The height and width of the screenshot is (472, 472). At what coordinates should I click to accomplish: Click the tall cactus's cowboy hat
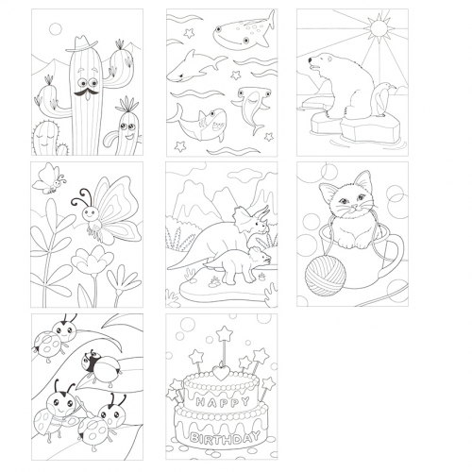(x=81, y=43)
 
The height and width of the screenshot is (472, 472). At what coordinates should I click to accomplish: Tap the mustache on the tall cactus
(x=86, y=93)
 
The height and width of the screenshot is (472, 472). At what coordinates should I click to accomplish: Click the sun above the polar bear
(x=379, y=27)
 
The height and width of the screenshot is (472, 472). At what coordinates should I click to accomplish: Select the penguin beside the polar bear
(x=382, y=99)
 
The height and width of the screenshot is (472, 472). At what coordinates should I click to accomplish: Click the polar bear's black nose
(x=310, y=59)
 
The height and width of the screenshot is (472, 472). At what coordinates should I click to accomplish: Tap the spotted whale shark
(x=243, y=30)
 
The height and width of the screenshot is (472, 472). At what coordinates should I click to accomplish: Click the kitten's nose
(x=354, y=206)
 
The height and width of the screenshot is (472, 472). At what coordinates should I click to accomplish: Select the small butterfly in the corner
(x=49, y=178)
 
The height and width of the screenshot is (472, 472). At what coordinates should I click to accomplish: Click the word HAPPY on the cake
(x=223, y=402)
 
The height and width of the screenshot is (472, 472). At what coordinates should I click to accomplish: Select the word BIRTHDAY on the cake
(x=225, y=438)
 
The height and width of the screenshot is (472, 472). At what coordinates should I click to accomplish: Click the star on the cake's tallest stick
(x=225, y=334)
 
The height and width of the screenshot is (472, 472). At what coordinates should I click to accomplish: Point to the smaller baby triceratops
(x=238, y=263)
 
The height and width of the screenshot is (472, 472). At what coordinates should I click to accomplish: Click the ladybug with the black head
(x=100, y=367)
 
